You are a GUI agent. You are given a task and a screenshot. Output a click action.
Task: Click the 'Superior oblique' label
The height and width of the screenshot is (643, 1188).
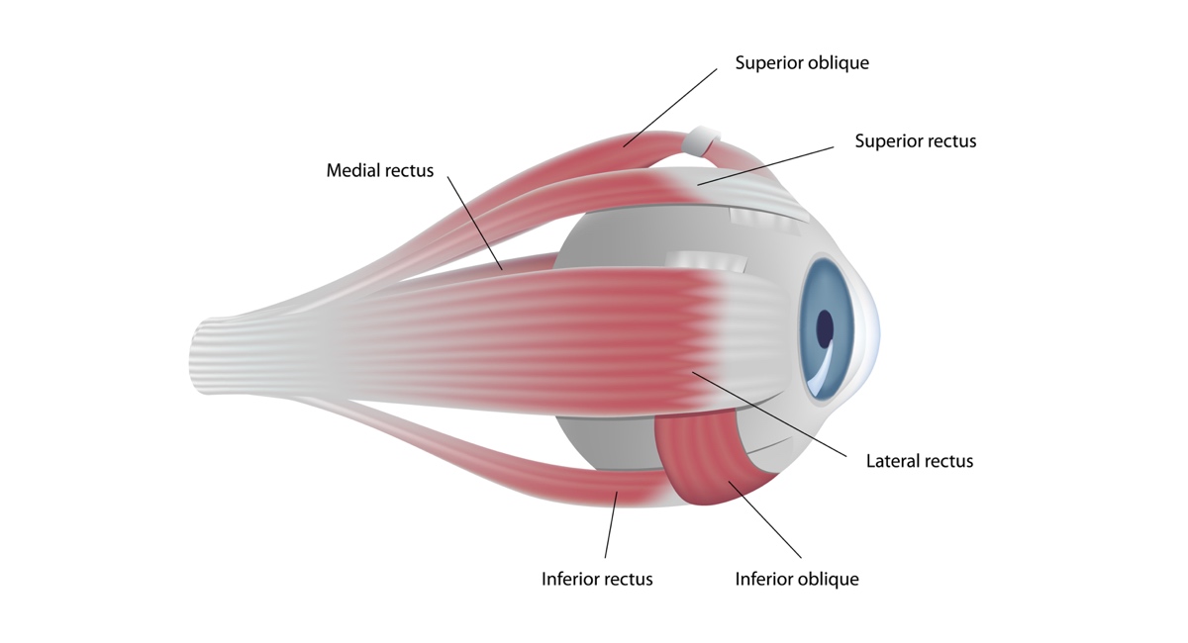[802, 63]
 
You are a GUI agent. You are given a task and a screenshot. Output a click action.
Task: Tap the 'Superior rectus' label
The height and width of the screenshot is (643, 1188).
[916, 141]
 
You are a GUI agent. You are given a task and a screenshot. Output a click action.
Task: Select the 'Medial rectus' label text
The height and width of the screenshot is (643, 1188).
[380, 171]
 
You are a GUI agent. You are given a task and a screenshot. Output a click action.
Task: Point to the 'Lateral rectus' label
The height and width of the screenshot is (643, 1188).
[920, 461]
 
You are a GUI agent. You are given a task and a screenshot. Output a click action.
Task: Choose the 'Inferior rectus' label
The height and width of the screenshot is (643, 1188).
[597, 579]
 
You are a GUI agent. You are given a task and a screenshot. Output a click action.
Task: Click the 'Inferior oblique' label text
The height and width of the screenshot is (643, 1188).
[797, 579]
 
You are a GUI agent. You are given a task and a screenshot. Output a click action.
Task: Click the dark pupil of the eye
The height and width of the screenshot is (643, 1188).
[825, 327]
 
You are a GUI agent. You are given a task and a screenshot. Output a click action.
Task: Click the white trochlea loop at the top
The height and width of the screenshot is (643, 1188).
[700, 140]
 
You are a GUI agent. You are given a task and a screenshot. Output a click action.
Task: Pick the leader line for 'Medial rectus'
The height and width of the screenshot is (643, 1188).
[475, 224]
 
